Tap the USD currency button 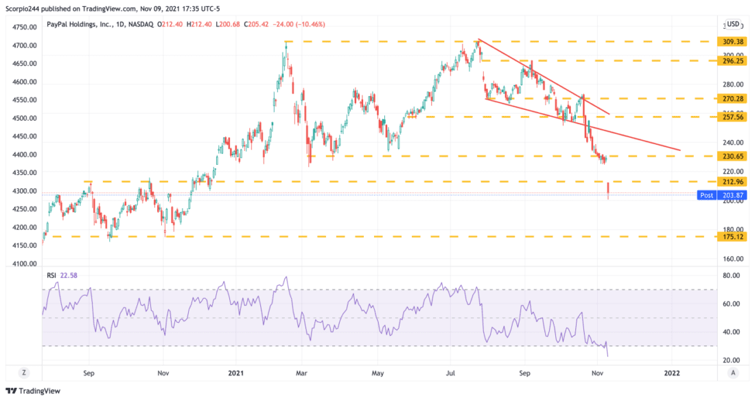[733, 24]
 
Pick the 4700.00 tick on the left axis [23, 45]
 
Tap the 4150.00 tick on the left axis [23, 245]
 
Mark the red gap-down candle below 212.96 [609, 191]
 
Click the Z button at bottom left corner [23, 372]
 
